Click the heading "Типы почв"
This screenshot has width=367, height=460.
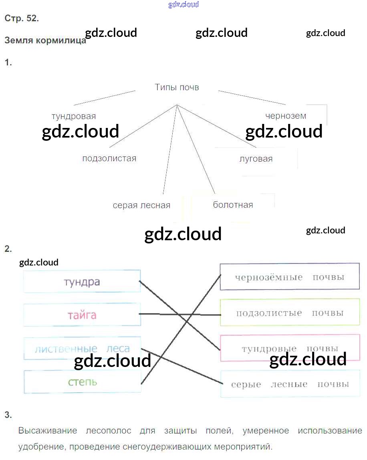tap(177, 87)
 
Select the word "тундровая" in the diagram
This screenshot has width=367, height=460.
tap(74, 116)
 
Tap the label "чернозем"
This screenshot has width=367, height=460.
tap(286, 116)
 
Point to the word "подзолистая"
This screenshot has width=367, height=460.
tap(109, 158)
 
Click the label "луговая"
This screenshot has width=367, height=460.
tap(256, 159)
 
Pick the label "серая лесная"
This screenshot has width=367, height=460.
tap(141, 205)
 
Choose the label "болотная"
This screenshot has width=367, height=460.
tap(233, 205)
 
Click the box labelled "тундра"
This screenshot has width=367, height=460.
tap(82, 282)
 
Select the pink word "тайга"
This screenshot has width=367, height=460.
tap(82, 315)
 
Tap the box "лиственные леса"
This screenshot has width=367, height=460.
tap(82, 348)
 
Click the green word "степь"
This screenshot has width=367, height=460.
tap(82, 381)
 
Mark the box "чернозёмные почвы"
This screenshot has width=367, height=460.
tap(290, 277)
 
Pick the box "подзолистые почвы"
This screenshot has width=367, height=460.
tap(290, 313)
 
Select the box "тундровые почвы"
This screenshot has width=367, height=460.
tap(290, 348)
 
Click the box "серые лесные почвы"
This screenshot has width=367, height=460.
tap(290, 384)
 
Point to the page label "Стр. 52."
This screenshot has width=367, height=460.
tap(22, 18)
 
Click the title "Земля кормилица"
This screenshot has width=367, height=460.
tap(45, 41)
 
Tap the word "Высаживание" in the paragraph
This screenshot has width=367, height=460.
tap(48, 431)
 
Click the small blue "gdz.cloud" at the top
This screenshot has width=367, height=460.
tap(183, 5)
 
